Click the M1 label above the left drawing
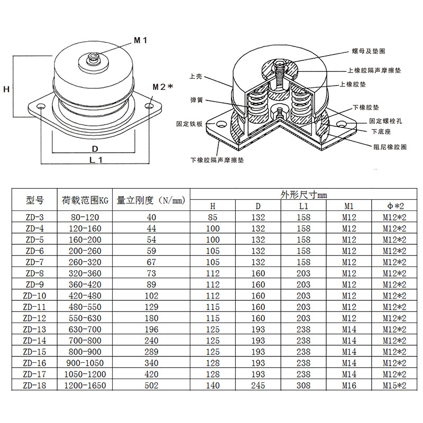140,40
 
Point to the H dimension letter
7,89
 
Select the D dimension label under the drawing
95,149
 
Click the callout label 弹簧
197,99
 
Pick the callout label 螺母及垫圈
368,51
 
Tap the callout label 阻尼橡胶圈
389,146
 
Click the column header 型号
35,200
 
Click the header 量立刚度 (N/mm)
151,200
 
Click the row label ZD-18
35,385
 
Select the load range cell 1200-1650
85,385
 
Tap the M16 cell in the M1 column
349,385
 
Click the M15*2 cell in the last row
394,385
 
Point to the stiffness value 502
151,385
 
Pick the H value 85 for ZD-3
213,217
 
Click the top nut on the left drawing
94,58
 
